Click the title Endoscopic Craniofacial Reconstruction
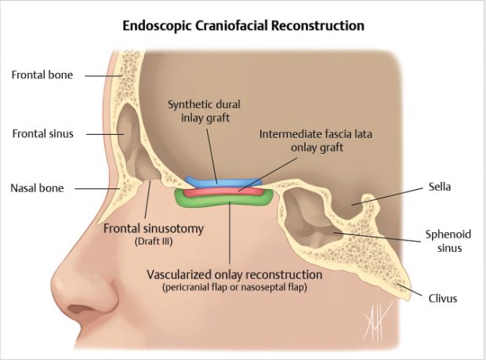click(243, 25)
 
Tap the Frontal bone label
click(42, 75)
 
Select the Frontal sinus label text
click(42, 133)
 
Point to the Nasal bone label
click(38, 188)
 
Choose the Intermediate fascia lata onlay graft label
click(306, 140)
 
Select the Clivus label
click(444, 298)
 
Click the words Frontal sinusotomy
click(154, 229)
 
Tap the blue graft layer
click(222, 183)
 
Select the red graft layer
click(227, 191)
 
